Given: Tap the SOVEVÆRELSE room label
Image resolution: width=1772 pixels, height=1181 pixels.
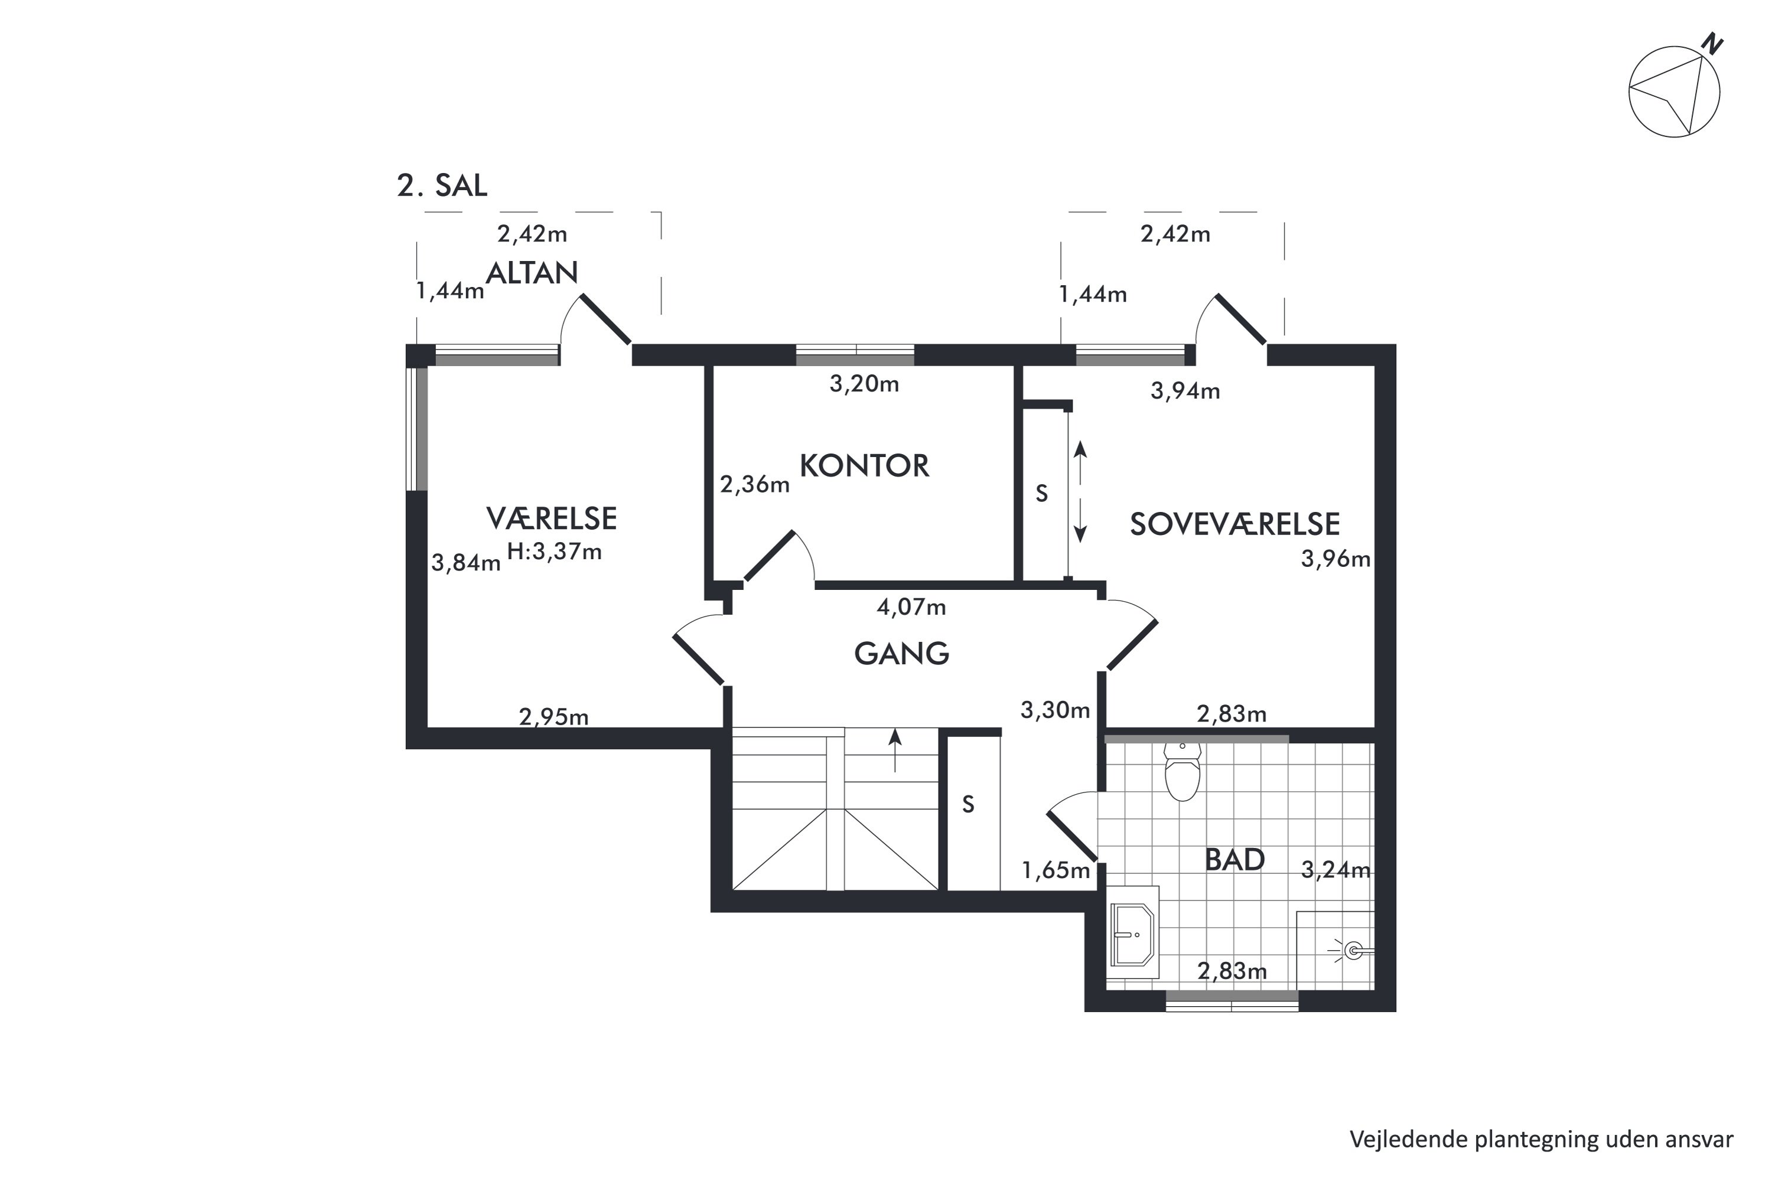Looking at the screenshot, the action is point(1235,524).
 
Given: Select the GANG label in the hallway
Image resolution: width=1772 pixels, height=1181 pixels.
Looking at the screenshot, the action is point(902,654).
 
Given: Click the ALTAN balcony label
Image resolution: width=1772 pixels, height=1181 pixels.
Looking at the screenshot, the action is point(532,273).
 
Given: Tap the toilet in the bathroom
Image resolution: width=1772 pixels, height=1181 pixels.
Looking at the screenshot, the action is point(1182,771).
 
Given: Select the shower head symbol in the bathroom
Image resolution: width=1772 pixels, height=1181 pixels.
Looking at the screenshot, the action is point(1353,951).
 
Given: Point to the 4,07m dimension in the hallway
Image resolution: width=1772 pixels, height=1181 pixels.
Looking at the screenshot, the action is point(911,607).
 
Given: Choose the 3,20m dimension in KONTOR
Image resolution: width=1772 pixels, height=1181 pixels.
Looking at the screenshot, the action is point(864,384).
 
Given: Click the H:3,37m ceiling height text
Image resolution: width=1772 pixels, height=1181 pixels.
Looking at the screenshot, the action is point(555,552).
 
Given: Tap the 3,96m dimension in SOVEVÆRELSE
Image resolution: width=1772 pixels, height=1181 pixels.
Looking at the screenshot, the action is point(1335,559).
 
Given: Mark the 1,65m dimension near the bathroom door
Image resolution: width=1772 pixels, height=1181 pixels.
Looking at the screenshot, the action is point(1056,870).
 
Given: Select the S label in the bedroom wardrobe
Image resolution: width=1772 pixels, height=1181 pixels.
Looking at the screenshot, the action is point(1041,493).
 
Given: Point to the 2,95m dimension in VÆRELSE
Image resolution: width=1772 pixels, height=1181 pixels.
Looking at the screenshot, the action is point(554,717).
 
